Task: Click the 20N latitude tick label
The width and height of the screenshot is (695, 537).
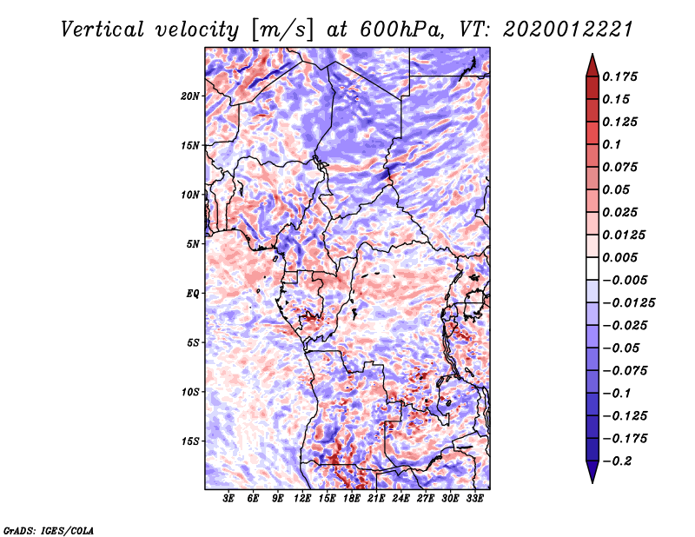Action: [x=191, y=96]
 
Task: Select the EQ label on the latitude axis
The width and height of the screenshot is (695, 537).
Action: [x=193, y=294]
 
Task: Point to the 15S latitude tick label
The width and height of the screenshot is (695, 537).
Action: [x=191, y=441]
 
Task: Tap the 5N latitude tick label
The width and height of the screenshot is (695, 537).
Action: [x=193, y=244]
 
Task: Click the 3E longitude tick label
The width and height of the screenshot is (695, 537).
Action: [x=229, y=499]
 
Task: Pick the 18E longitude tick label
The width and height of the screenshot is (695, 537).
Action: [x=352, y=499]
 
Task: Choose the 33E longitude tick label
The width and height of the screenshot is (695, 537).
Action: [x=474, y=499]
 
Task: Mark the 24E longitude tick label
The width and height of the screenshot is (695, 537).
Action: [x=400, y=499]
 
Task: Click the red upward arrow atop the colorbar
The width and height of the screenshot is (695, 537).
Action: [x=591, y=63]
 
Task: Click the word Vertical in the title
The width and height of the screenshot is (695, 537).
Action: [x=103, y=30]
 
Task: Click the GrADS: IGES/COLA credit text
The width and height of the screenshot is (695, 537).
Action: [x=48, y=529]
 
